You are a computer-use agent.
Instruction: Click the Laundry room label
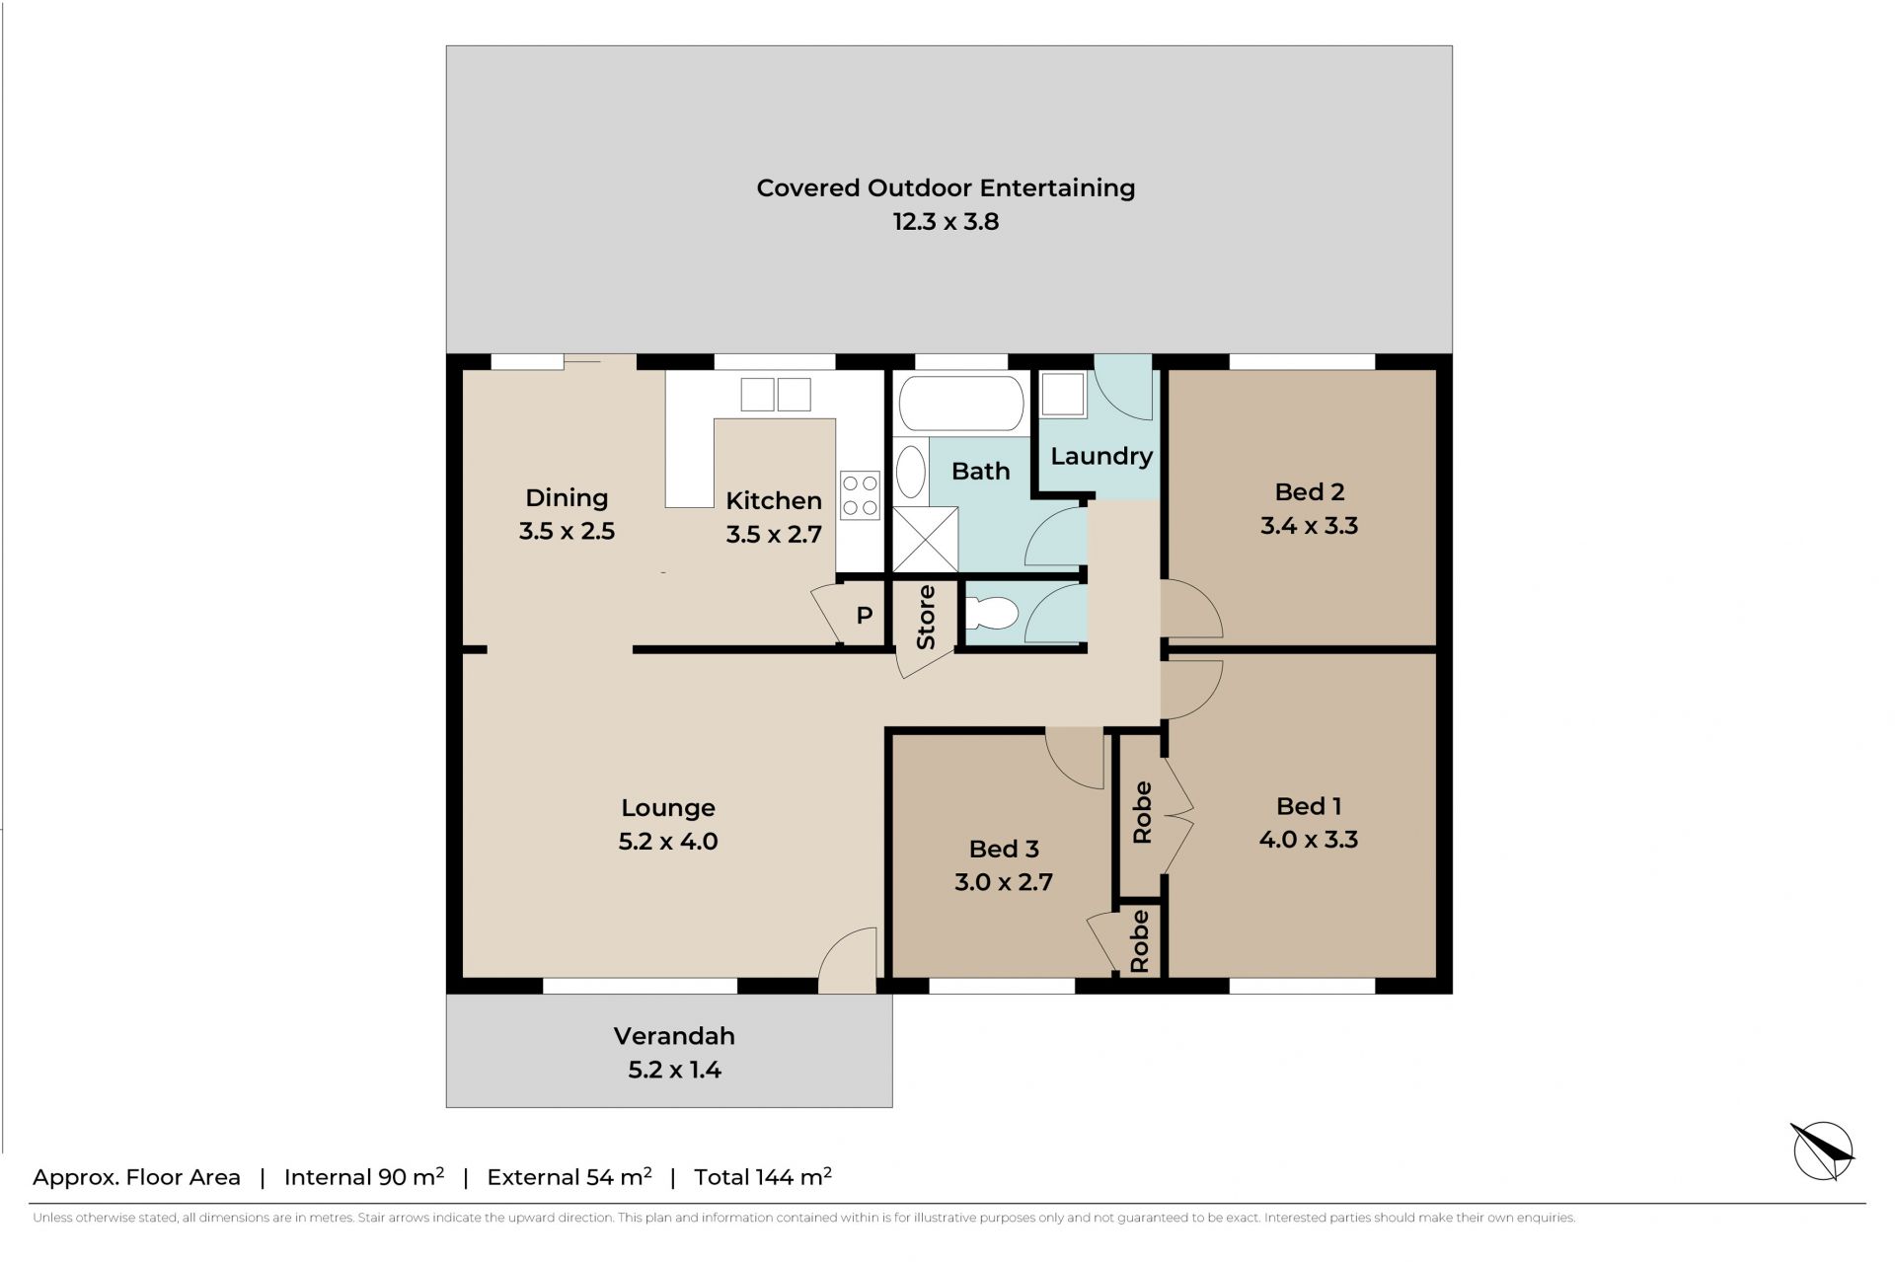(1101, 456)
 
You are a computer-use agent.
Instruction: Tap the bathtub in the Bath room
(960, 403)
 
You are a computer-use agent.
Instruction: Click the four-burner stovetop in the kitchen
(860, 495)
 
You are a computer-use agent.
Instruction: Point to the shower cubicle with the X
(926, 539)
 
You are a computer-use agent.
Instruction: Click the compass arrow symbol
(1823, 1151)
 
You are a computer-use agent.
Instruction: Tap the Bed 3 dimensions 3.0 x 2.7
(1003, 882)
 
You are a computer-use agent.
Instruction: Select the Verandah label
(674, 1036)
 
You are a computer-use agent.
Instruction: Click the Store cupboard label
(926, 618)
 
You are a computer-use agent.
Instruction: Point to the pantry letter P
(865, 616)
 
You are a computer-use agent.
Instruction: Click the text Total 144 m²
(763, 1176)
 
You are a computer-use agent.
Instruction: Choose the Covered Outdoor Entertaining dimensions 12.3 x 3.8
(946, 222)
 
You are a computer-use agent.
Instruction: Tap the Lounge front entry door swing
(847, 960)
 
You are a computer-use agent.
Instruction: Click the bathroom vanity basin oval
(910, 472)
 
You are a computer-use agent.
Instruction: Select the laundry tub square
(1063, 395)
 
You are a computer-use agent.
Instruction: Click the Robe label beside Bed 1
(1142, 813)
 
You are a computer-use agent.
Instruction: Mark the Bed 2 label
(1309, 491)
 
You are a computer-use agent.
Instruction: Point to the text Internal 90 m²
(364, 1176)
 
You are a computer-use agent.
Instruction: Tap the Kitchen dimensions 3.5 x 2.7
(774, 535)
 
